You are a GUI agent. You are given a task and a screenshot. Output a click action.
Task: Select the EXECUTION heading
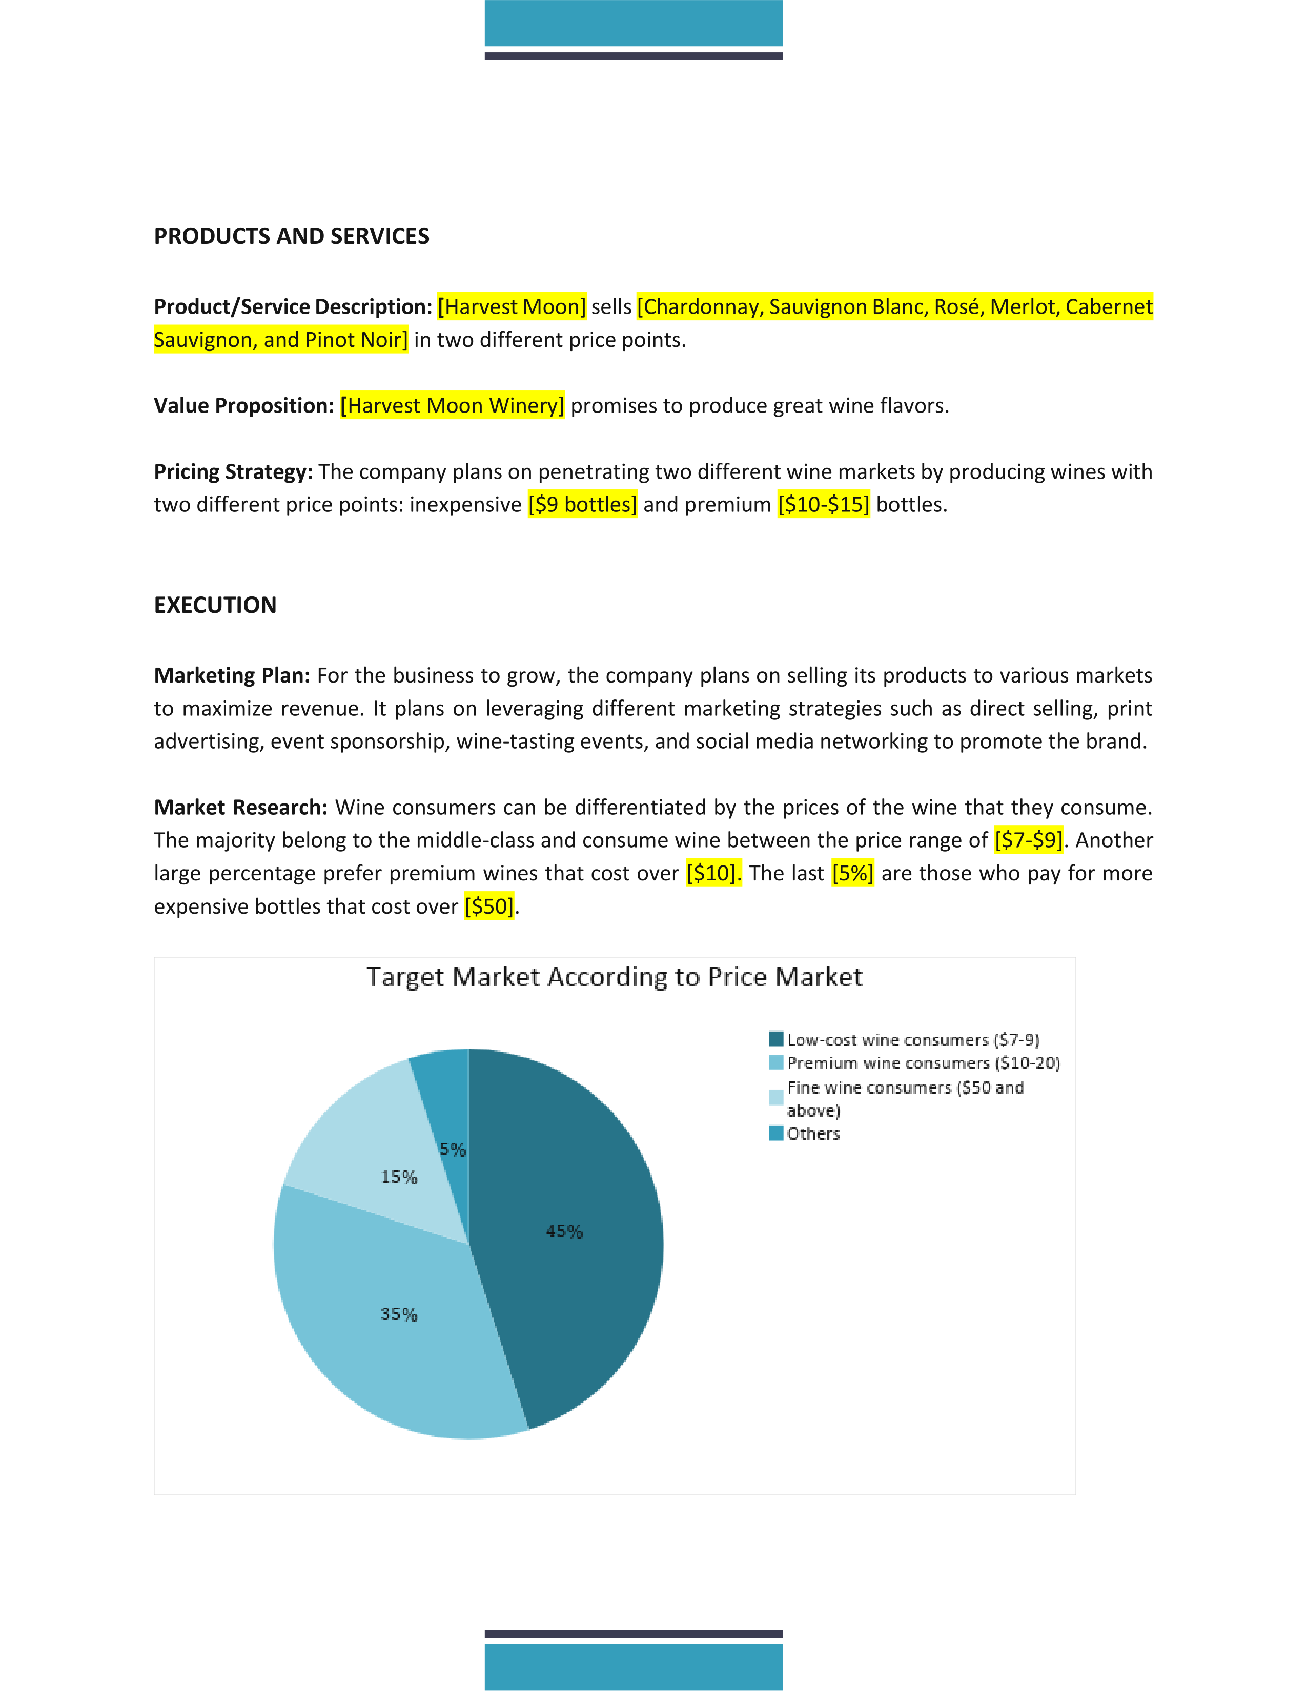pos(215,605)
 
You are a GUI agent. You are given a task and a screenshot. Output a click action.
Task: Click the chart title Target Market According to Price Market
pos(614,977)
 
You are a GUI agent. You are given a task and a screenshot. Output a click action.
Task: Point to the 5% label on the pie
pos(453,1150)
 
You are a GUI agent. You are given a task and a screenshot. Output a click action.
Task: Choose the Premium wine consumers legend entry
pos(923,1063)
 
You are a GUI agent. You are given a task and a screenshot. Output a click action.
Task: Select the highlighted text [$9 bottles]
pos(582,505)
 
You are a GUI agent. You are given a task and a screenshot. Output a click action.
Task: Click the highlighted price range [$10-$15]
pos(823,505)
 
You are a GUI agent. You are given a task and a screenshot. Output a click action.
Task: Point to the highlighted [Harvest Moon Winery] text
pos(452,406)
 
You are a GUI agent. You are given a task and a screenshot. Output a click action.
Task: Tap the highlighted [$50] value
pos(489,906)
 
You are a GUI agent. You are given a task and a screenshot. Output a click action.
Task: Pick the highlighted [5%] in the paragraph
pos(852,873)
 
